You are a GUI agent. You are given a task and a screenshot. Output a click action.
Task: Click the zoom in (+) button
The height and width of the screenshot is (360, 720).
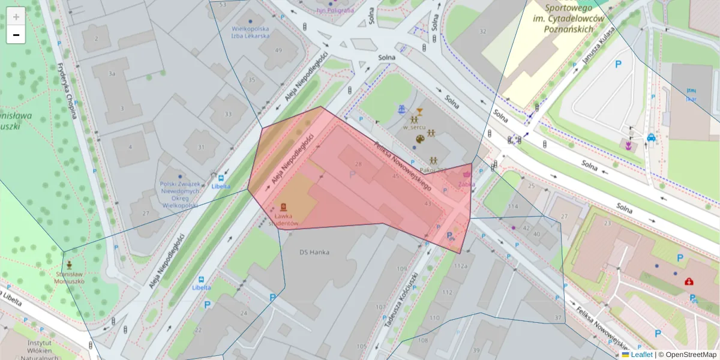coord(16,16)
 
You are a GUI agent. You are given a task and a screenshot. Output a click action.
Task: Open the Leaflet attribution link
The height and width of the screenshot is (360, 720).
coord(641,354)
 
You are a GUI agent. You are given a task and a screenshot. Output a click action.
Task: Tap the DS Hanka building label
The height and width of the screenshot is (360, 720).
coord(314,252)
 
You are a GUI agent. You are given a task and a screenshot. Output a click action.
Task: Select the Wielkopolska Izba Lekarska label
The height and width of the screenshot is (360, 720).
coord(250,32)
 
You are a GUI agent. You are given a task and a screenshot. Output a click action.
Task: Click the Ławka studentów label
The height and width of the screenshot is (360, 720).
coord(284,219)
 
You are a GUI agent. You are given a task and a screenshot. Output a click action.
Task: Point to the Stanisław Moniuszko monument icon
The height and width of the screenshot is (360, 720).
coord(70,265)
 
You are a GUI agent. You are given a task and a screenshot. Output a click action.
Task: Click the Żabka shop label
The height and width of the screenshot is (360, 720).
coord(466,184)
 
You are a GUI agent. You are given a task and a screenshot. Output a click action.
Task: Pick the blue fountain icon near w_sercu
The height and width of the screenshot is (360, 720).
coord(401,109)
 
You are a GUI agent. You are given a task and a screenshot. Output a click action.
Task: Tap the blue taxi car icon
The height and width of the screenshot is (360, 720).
coord(651,137)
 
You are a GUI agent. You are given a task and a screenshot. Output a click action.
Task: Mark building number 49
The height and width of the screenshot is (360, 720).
coord(278,50)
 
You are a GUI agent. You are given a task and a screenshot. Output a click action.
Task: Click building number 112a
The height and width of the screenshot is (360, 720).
coord(461,266)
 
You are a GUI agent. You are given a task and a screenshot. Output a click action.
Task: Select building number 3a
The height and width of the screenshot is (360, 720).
coord(111,73)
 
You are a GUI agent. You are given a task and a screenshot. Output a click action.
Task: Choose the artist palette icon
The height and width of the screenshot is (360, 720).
coord(420,139)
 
